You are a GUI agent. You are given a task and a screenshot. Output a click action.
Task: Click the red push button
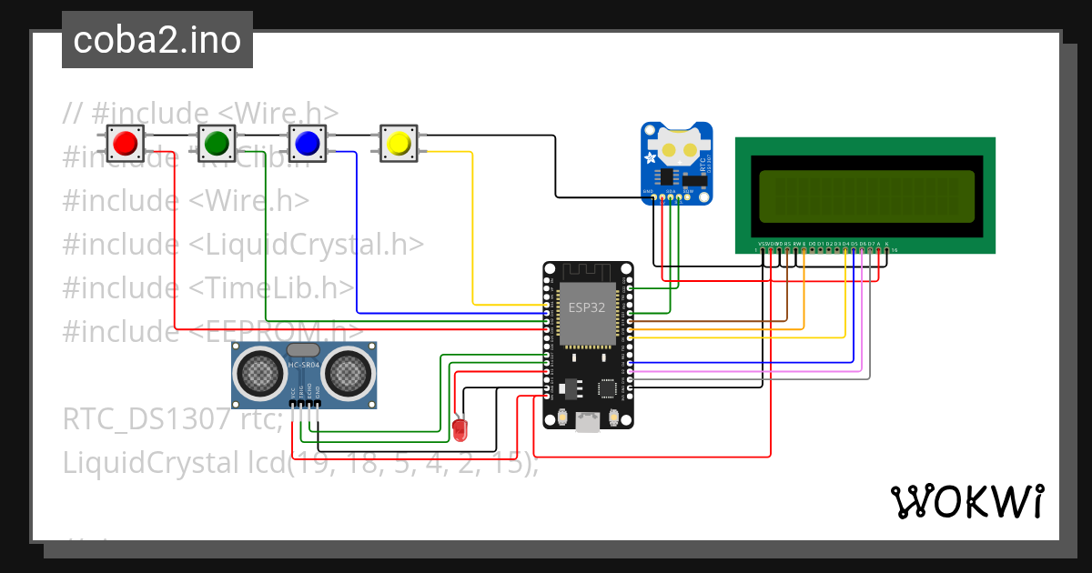(125, 143)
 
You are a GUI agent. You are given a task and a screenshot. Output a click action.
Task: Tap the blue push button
(307, 143)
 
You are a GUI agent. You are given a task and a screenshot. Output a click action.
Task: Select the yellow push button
(398, 143)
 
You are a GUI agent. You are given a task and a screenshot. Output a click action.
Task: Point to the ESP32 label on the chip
(587, 307)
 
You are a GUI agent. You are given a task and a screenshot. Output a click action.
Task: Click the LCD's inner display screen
(864, 196)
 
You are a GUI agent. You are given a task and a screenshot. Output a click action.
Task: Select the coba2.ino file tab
(157, 40)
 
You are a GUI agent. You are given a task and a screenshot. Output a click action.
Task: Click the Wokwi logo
(966, 502)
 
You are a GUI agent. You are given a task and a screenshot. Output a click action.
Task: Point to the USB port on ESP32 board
(588, 421)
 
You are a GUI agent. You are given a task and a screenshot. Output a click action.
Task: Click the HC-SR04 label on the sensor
(304, 365)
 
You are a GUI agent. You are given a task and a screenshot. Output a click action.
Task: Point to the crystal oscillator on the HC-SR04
(303, 349)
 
